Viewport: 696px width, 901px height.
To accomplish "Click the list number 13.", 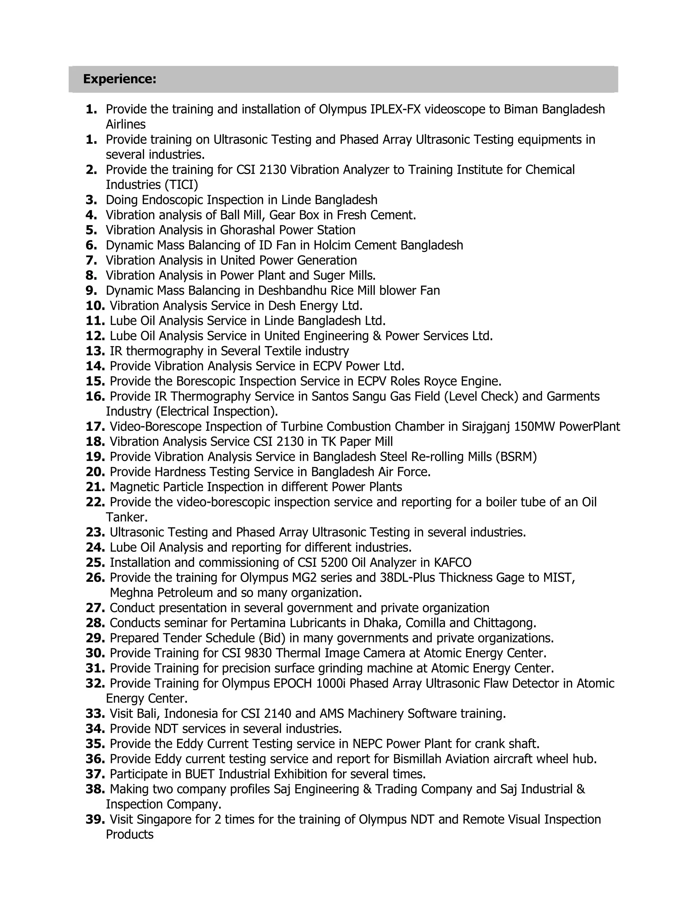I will [95, 351].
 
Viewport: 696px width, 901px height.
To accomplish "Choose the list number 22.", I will [95, 502].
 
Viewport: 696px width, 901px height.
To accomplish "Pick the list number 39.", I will [95, 819].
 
